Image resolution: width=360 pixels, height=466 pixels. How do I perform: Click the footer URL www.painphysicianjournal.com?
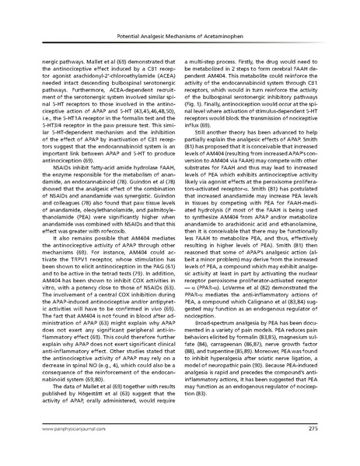click(65, 449)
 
